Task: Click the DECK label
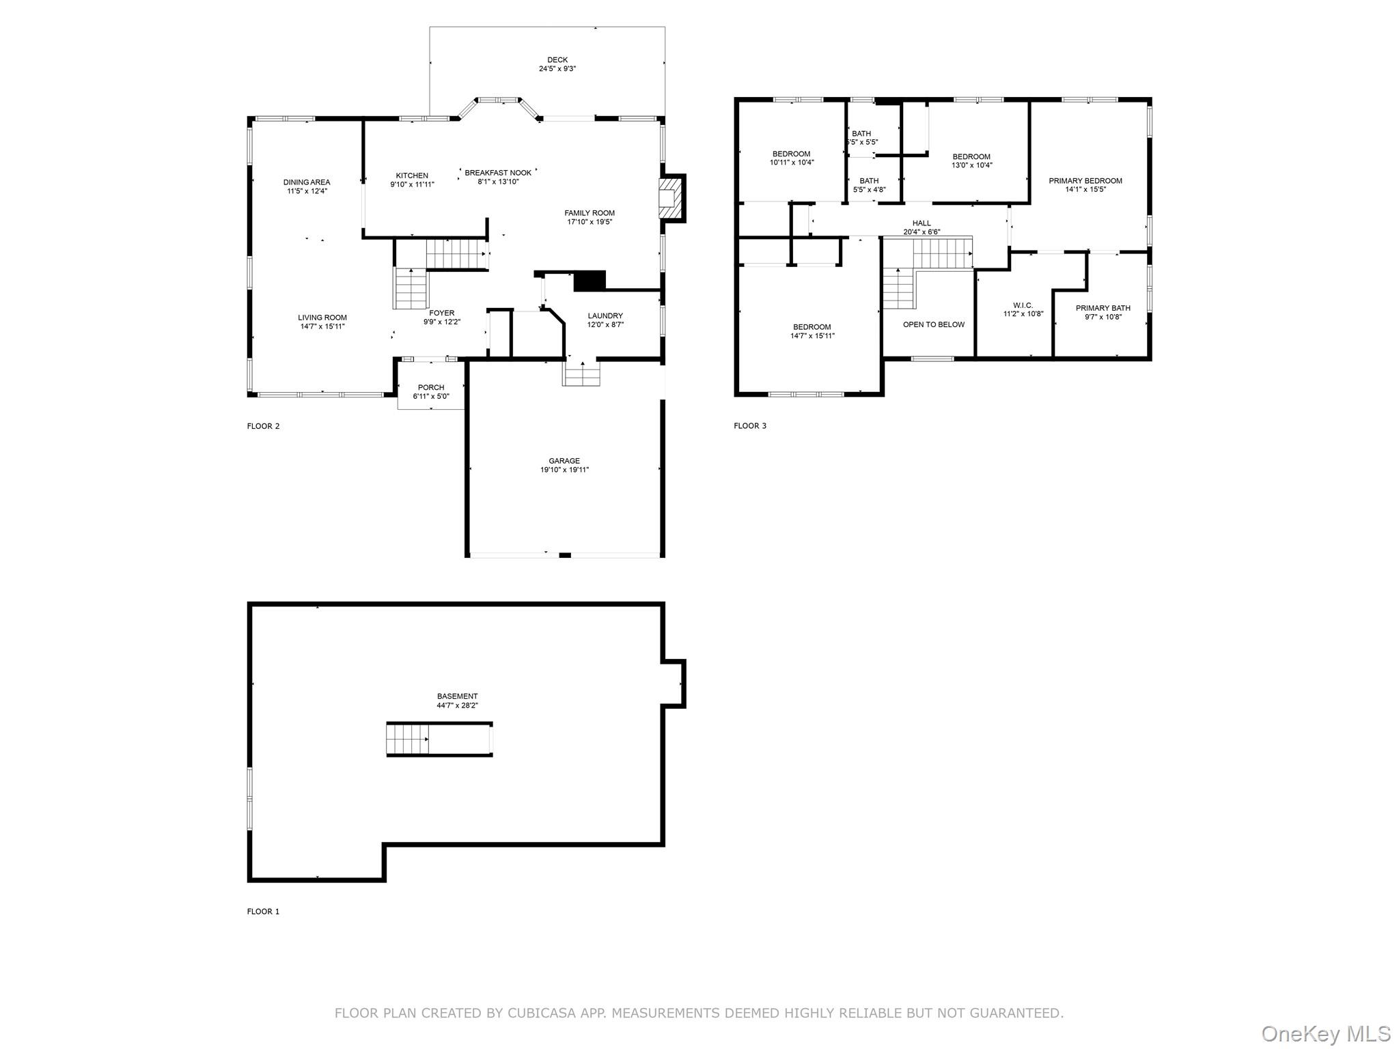pyautogui.click(x=557, y=60)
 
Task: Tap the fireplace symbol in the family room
pyautogui.click(x=670, y=198)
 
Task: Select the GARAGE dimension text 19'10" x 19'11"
pyautogui.click(x=564, y=470)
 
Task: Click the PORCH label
pyautogui.click(x=431, y=387)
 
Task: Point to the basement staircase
pyautogui.click(x=408, y=739)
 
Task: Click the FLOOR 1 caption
pyautogui.click(x=263, y=911)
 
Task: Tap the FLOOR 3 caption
pyautogui.click(x=750, y=425)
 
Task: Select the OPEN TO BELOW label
pyautogui.click(x=933, y=324)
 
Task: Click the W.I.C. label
pyautogui.click(x=1023, y=305)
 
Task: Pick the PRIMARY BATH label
pyautogui.click(x=1103, y=308)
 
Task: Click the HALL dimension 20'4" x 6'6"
pyautogui.click(x=922, y=232)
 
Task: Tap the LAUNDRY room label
pyautogui.click(x=605, y=316)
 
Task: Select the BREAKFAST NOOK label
pyautogui.click(x=498, y=173)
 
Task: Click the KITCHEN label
pyautogui.click(x=412, y=176)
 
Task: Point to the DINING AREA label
pyautogui.click(x=307, y=182)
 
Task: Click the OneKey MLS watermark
pyautogui.click(x=1325, y=1033)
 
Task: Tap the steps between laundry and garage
pyautogui.click(x=581, y=374)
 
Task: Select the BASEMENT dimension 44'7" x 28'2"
pyautogui.click(x=457, y=705)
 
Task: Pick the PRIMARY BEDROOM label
pyautogui.click(x=1085, y=181)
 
